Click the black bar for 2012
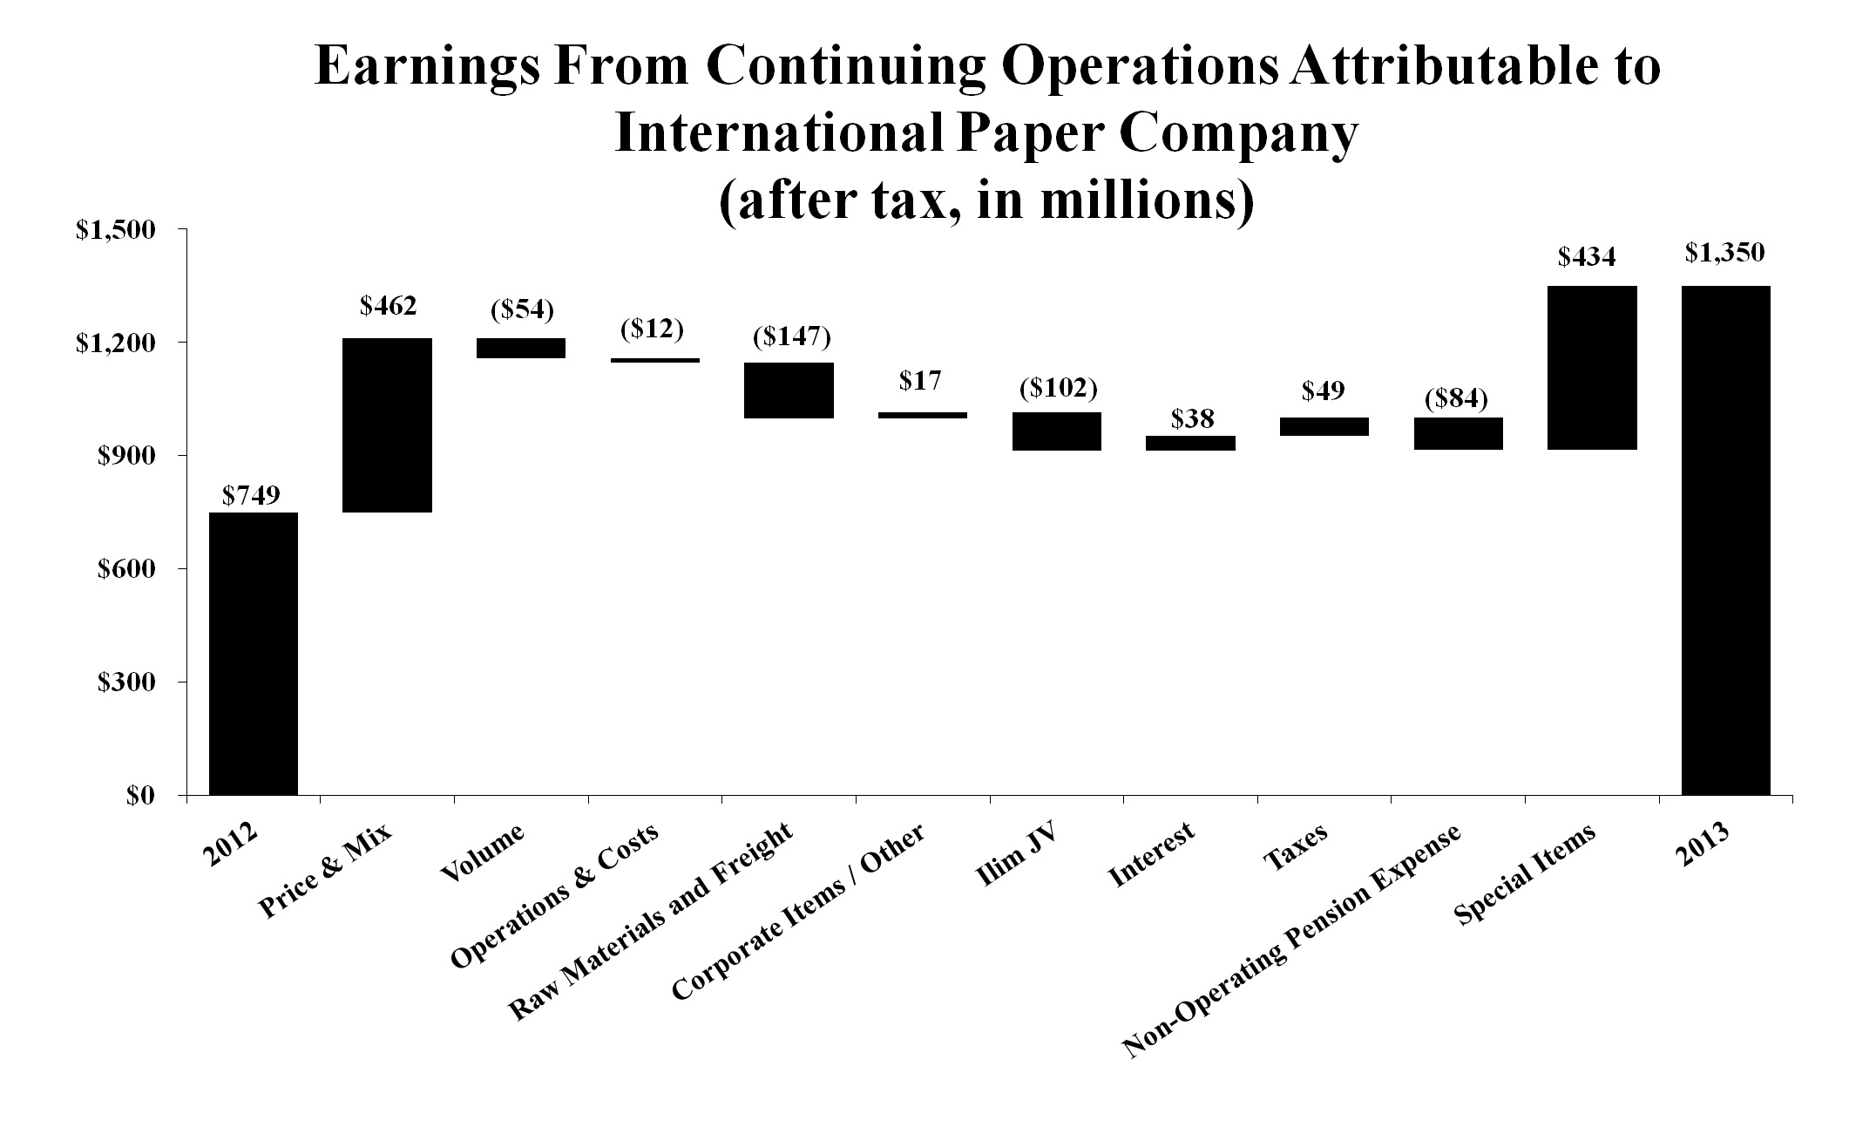tap(254, 654)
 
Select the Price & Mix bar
tap(388, 425)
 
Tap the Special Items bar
tap(1592, 368)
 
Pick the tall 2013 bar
tap(1725, 540)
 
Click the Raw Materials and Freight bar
tap(789, 390)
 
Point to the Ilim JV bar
tap(1057, 431)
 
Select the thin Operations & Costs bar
tap(654, 360)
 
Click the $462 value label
tap(388, 306)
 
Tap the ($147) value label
tap(791, 336)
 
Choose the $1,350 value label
tap(1724, 253)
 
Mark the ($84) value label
tap(1456, 400)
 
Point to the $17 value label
tap(920, 381)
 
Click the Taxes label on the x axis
tap(1296, 846)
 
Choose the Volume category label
tap(484, 852)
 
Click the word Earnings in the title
tap(427, 67)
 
